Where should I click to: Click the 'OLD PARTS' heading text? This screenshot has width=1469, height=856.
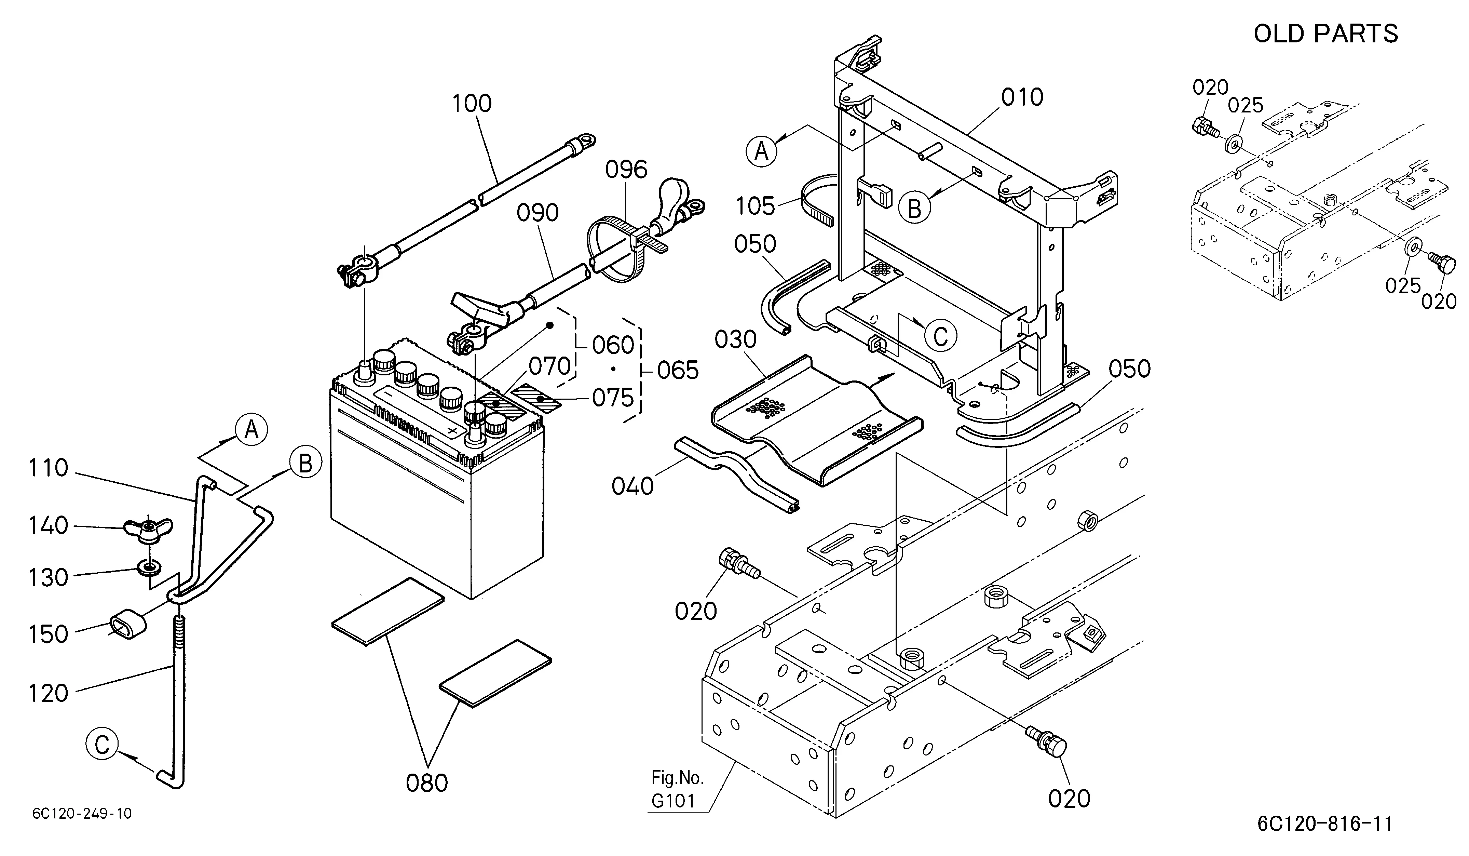1325,34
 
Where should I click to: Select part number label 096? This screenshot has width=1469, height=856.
626,170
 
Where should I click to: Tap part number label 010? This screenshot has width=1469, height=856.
1022,97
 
